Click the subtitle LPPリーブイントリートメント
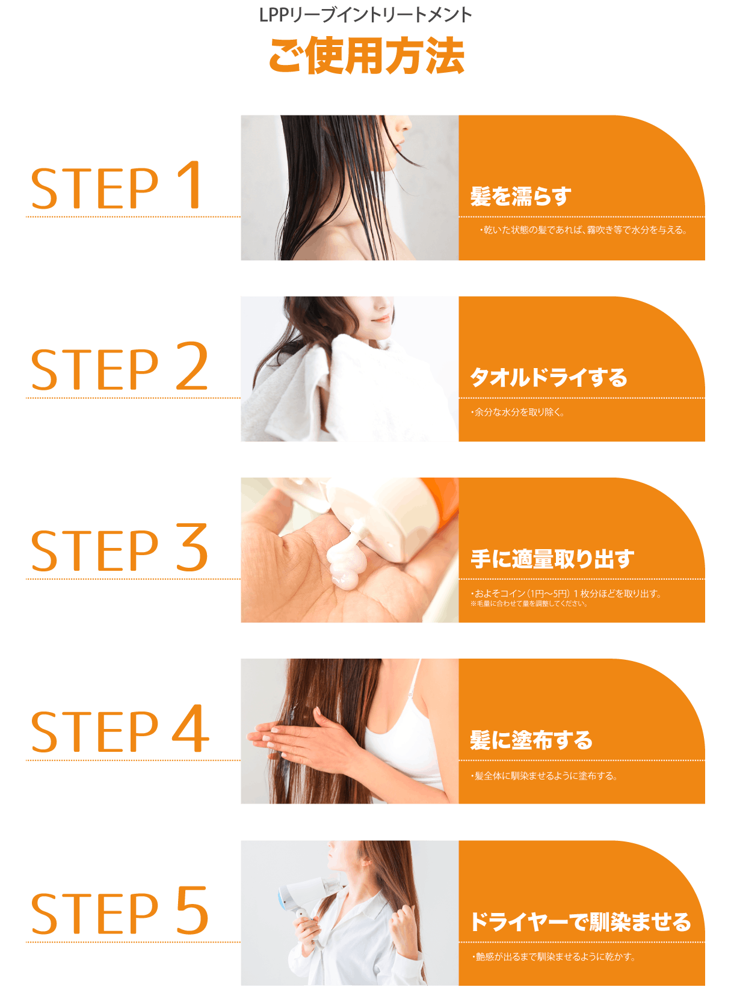(365, 15)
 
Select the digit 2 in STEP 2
(192, 366)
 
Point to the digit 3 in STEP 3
(192, 547)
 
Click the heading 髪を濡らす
(520, 197)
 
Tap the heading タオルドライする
(549, 378)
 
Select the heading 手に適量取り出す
(552, 559)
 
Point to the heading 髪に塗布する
(531, 740)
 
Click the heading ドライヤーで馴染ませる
(581, 921)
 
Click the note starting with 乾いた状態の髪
(583, 230)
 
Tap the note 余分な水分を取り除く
(517, 412)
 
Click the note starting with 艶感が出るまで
(554, 956)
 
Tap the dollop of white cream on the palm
(344, 556)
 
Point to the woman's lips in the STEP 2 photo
(381, 319)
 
